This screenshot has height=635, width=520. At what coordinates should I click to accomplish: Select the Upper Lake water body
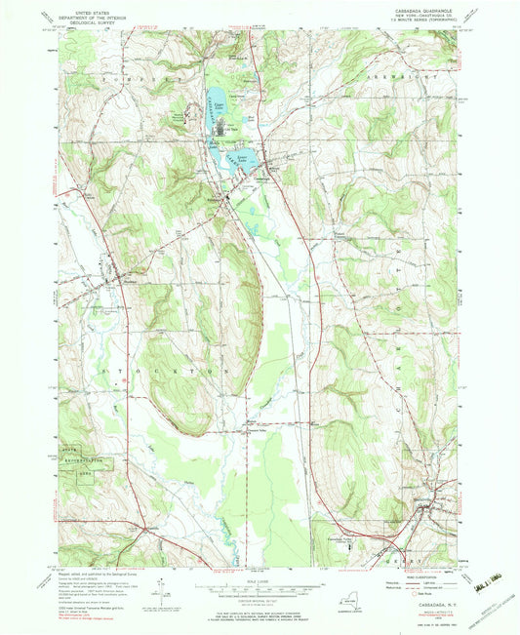click(x=216, y=97)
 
